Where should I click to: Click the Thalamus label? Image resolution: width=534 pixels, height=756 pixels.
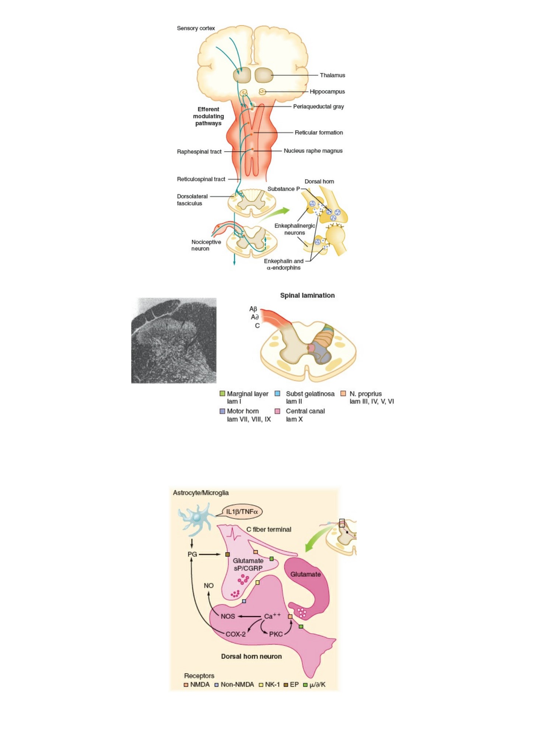[x=332, y=75]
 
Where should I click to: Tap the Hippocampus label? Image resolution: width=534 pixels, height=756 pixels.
[x=327, y=91]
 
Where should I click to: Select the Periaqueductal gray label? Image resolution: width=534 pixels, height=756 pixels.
[x=318, y=107]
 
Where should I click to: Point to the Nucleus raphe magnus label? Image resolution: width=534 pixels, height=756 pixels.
[x=313, y=151]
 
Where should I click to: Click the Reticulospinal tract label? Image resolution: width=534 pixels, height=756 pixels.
[x=201, y=179]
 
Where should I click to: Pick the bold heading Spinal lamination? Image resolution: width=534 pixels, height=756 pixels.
[x=307, y=295]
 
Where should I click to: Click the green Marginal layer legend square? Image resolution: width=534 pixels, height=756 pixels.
[x=222, y=393]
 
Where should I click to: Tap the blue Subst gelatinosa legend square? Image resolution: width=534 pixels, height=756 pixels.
[x=278, y=393]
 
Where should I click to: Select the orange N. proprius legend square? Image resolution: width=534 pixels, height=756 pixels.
[x=343, y=393]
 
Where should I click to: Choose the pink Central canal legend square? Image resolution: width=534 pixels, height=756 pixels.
[x=278, y=411]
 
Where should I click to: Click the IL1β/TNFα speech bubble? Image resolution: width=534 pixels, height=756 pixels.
[x=242, y=511]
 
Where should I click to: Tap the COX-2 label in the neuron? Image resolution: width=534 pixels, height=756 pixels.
[x=236, y=634]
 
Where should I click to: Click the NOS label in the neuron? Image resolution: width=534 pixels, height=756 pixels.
[x=228, y=616]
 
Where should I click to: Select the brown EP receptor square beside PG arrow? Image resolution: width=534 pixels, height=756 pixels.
[x=228, y=554]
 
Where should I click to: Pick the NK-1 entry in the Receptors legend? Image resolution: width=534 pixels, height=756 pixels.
[x=270, y=684]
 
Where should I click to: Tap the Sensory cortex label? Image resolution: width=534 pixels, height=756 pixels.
[x=196, y=28]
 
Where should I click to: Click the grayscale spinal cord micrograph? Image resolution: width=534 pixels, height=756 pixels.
[x=174, y=340]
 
